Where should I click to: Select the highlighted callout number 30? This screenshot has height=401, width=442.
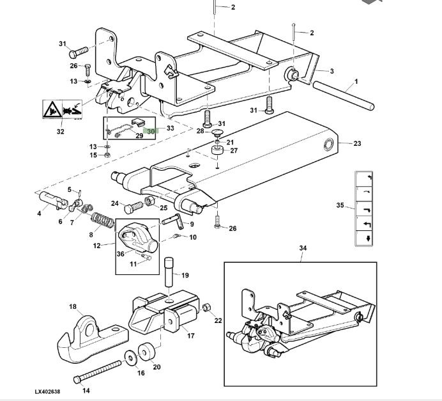(x=151, y=132)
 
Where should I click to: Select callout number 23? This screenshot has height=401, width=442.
(x=357, y=143)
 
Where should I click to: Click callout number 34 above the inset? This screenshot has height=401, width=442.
(x=303, y=248)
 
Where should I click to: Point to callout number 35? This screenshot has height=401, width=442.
(x=340, y=205)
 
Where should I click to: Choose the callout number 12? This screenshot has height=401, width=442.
(x=96, y=246)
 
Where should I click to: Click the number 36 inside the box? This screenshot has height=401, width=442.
(x=121, y=253)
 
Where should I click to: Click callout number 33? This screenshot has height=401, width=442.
(x=170, y=128)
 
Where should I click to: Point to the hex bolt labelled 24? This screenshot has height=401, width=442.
(x=134, y=207)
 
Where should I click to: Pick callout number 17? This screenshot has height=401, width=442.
(x=190, y=334)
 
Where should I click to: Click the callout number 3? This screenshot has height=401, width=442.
(x=331, y=71)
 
